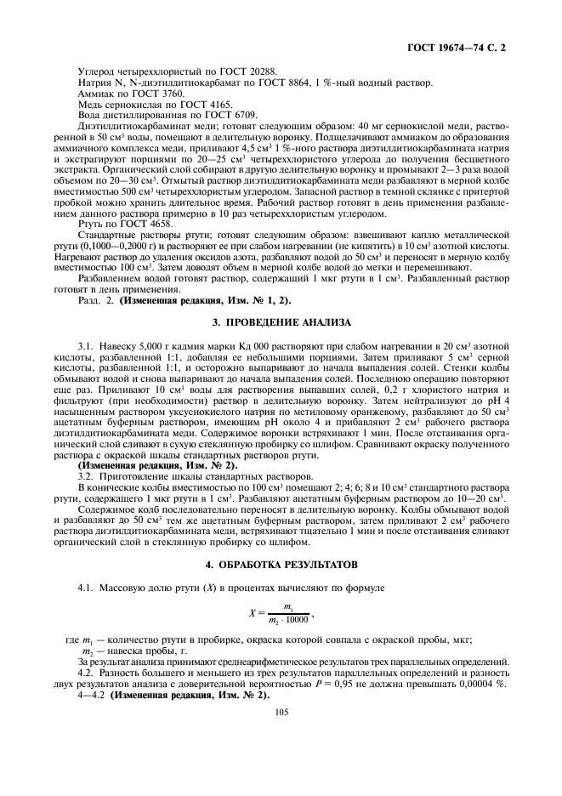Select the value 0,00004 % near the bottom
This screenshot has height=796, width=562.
point(486,683)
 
